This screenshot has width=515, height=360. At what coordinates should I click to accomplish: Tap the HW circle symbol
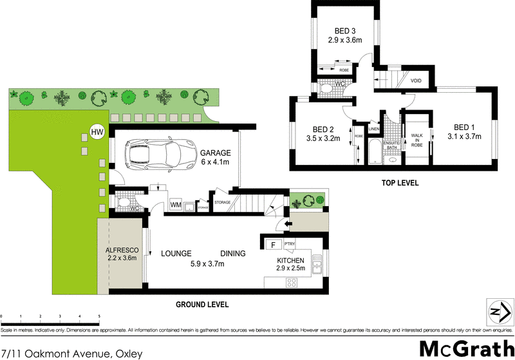coord(97,132)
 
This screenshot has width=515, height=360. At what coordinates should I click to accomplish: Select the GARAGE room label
coord(215,153)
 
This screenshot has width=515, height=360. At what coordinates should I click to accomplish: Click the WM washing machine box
coord(176,205)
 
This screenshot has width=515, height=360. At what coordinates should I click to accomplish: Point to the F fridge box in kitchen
coord(273,245)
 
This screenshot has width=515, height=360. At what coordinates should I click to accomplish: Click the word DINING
coord(232,254)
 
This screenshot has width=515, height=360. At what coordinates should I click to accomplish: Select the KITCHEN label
coord(290,260)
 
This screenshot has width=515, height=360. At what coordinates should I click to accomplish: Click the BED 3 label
coord(345,30)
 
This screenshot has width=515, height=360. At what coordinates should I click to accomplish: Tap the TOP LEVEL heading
coord(400,183)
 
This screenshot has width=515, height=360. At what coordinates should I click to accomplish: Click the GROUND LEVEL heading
coord(203,305)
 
